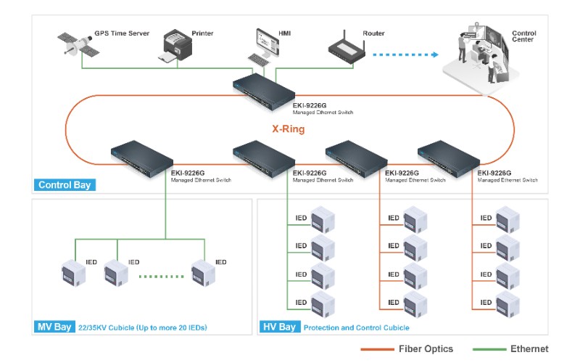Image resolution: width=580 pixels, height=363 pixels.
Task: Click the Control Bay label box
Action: tap(65, 185)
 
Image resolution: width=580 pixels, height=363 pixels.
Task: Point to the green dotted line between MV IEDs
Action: tap(161, 276)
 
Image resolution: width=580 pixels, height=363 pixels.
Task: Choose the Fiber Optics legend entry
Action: tap(407, 349)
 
